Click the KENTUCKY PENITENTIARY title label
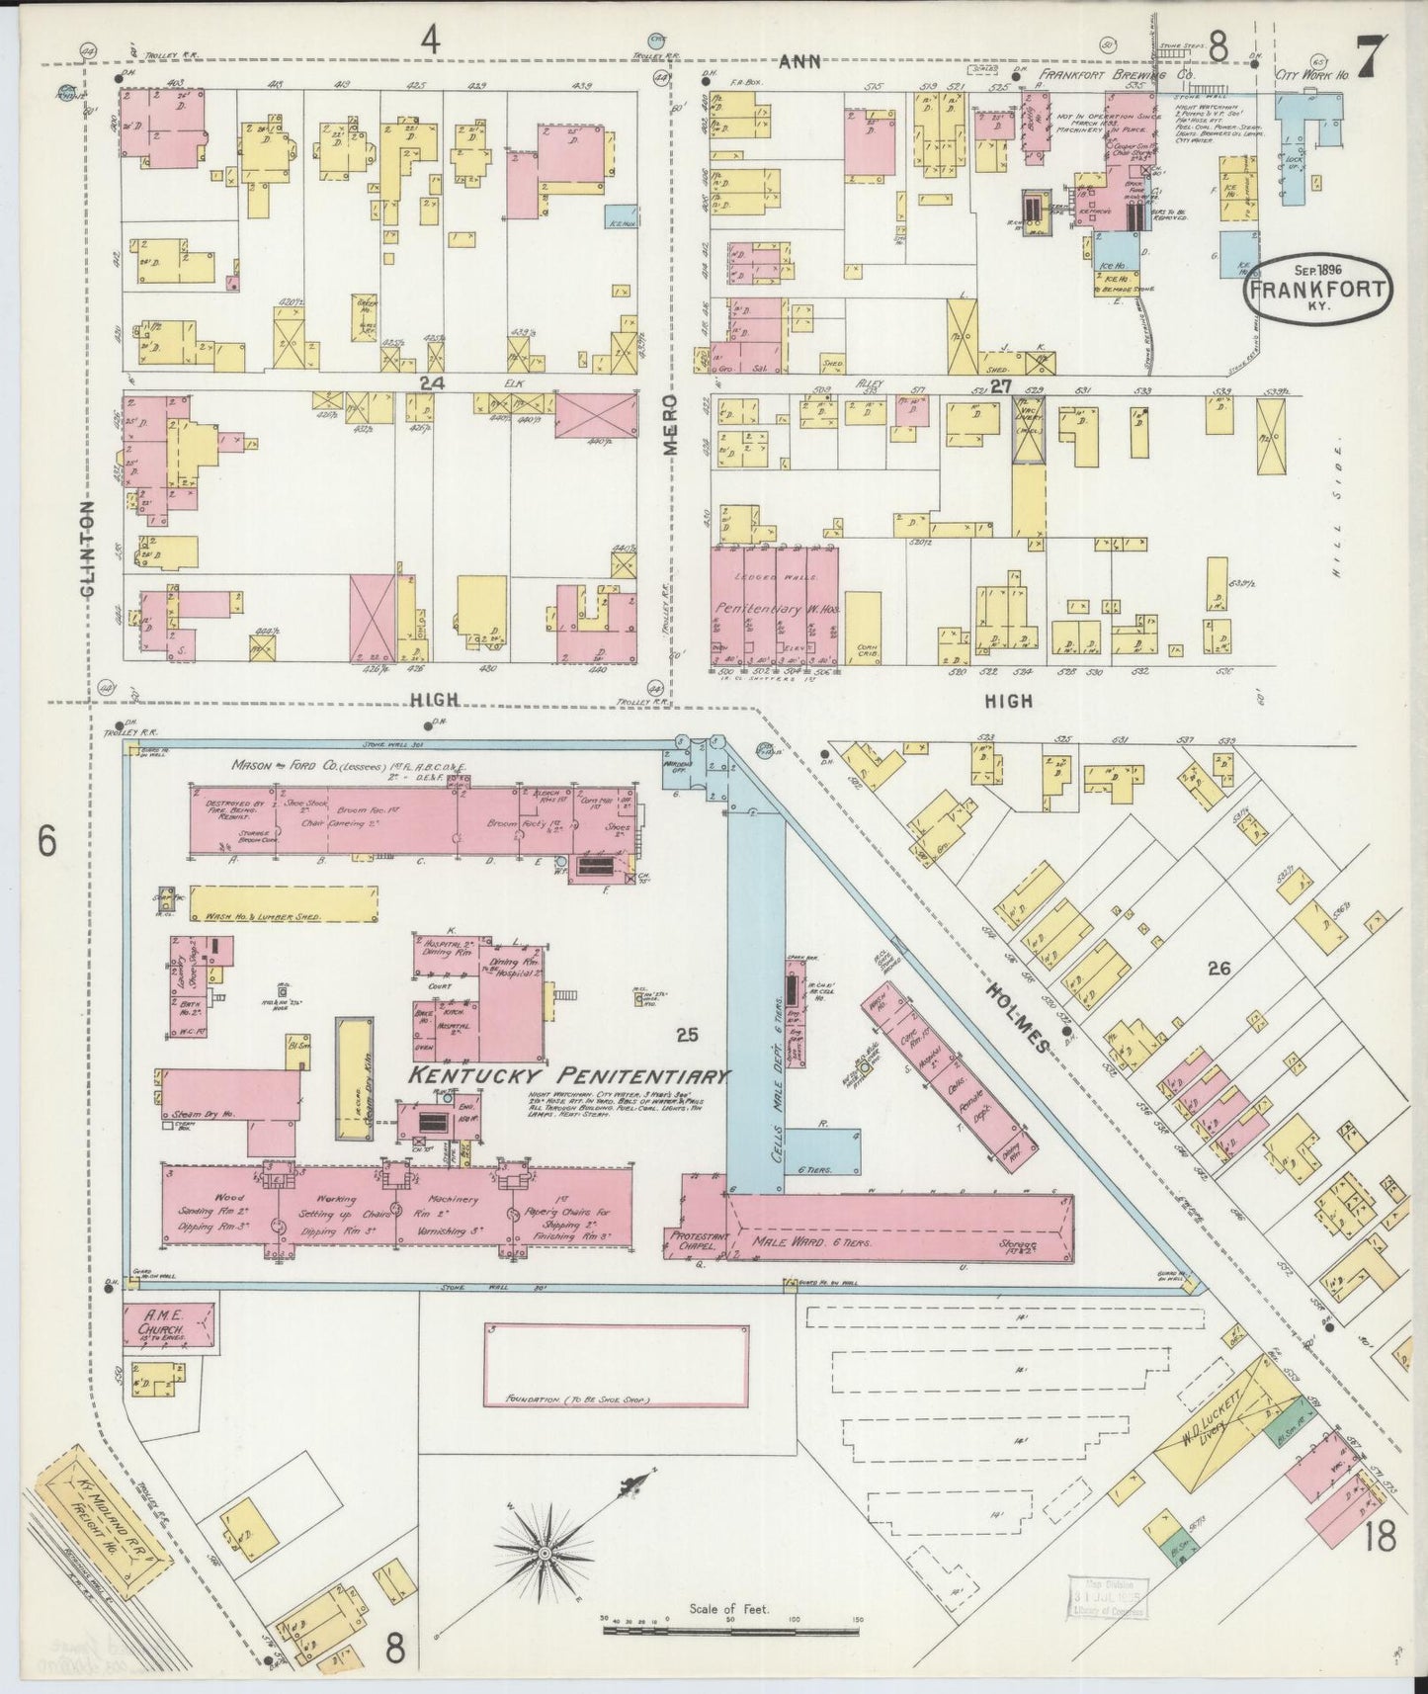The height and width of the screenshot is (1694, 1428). [570, 1076]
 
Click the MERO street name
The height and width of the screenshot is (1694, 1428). [669, 426]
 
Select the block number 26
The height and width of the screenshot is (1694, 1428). [1218, 969]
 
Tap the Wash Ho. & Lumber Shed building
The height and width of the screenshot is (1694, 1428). [284, 904]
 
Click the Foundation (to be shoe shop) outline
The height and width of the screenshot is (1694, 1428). [616, 1365]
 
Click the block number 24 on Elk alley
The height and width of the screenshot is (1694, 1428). [426, 384]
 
